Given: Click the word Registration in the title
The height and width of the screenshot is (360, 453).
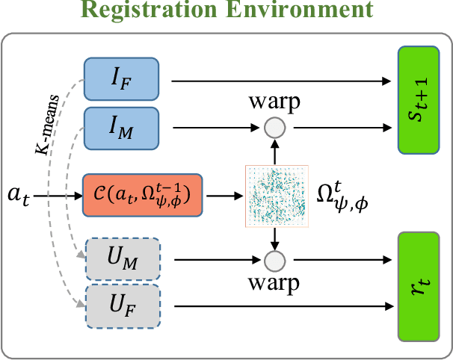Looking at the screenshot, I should click(x=149, y=11).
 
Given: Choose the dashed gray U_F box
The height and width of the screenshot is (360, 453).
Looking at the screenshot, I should click(x=123, y=305).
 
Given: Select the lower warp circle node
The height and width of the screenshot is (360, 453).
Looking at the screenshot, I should click(x=274, y=261).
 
